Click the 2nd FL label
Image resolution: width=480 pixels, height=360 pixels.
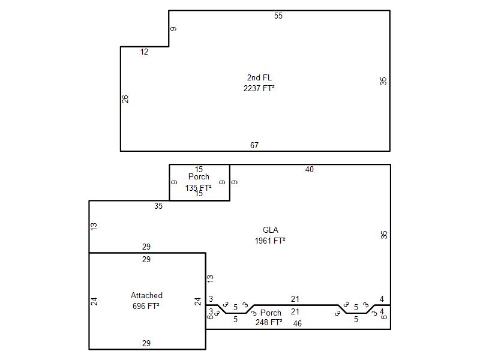[259, 77]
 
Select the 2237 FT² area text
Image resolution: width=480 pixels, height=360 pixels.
[259, 88]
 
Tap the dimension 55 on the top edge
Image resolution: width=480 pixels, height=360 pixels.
[278, 16]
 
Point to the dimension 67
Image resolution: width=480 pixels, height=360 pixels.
[254, 145]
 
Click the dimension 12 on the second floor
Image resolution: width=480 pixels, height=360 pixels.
[144, 52]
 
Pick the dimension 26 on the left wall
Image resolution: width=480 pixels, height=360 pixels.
[125, 99]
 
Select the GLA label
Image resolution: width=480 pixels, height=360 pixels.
[271, 230]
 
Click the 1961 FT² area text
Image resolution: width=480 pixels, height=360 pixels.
[270, 241]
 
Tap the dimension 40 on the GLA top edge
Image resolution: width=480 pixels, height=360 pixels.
[310, 169]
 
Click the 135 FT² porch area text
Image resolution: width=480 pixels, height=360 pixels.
[199, 188]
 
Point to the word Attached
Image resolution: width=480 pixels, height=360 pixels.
[146, 295]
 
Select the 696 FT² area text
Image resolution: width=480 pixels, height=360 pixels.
[146, 306]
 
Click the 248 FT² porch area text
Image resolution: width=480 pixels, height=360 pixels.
[269, 322]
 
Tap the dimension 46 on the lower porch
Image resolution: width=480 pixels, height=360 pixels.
[297, 323]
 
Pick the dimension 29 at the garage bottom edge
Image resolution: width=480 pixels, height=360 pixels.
[146, 343]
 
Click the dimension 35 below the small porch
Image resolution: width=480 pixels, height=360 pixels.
[158, 206]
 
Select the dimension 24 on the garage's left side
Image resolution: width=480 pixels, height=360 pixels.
[94, 301]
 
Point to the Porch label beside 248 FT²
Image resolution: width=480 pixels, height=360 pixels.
[271, 313]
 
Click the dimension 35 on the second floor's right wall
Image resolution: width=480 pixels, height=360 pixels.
[383, 81]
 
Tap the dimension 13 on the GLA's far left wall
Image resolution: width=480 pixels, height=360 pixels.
[94, 227]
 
